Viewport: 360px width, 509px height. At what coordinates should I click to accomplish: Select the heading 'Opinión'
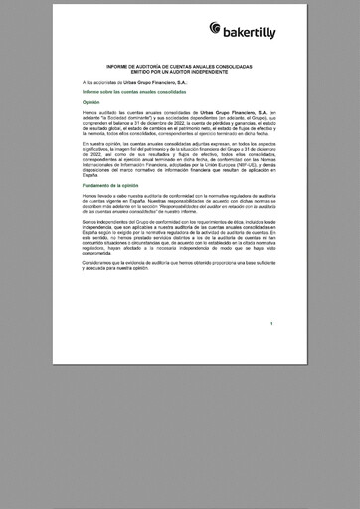pos(91,102)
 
